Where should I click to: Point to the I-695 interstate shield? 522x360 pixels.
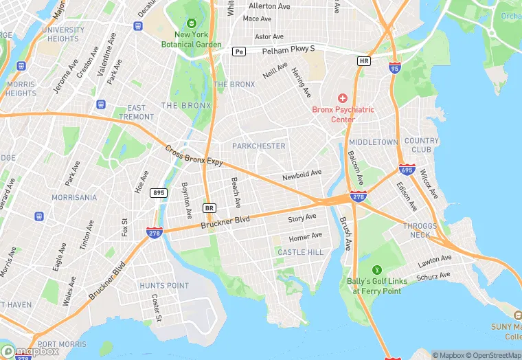point(406,169)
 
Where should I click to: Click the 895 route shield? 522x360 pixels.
point(159,192)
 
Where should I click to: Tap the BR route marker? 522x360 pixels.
point(209,207)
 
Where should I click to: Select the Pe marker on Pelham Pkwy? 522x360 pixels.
point(238,52)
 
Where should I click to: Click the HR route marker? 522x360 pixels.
point(364,61)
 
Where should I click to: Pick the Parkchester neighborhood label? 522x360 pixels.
point(258,146)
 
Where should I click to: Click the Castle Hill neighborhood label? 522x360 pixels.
point(300,253)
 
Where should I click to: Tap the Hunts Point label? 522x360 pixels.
point(163,285)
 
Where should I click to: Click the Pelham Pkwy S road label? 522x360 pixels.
point(283,49)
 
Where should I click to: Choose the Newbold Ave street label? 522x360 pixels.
point(302,176)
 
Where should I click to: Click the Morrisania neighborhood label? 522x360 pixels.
point(73,197)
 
